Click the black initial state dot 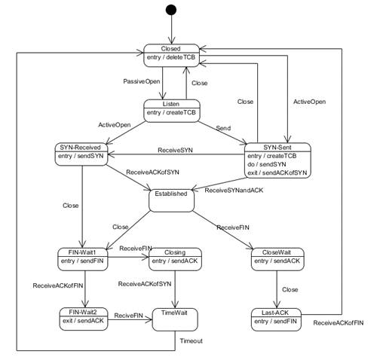pos(172,10)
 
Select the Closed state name pos(172,49)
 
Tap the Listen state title pos(171,103)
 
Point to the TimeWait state pos(174,319)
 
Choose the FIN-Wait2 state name pos(83,310)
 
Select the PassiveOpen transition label pos(141,81)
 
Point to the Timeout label pos(191,340)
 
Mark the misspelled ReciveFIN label pos(129,316)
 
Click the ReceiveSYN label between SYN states pos(174,151)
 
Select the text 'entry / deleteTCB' pos(171,58)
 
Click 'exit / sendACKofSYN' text pos(277,172)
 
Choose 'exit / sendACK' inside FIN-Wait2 pos(83,320)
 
